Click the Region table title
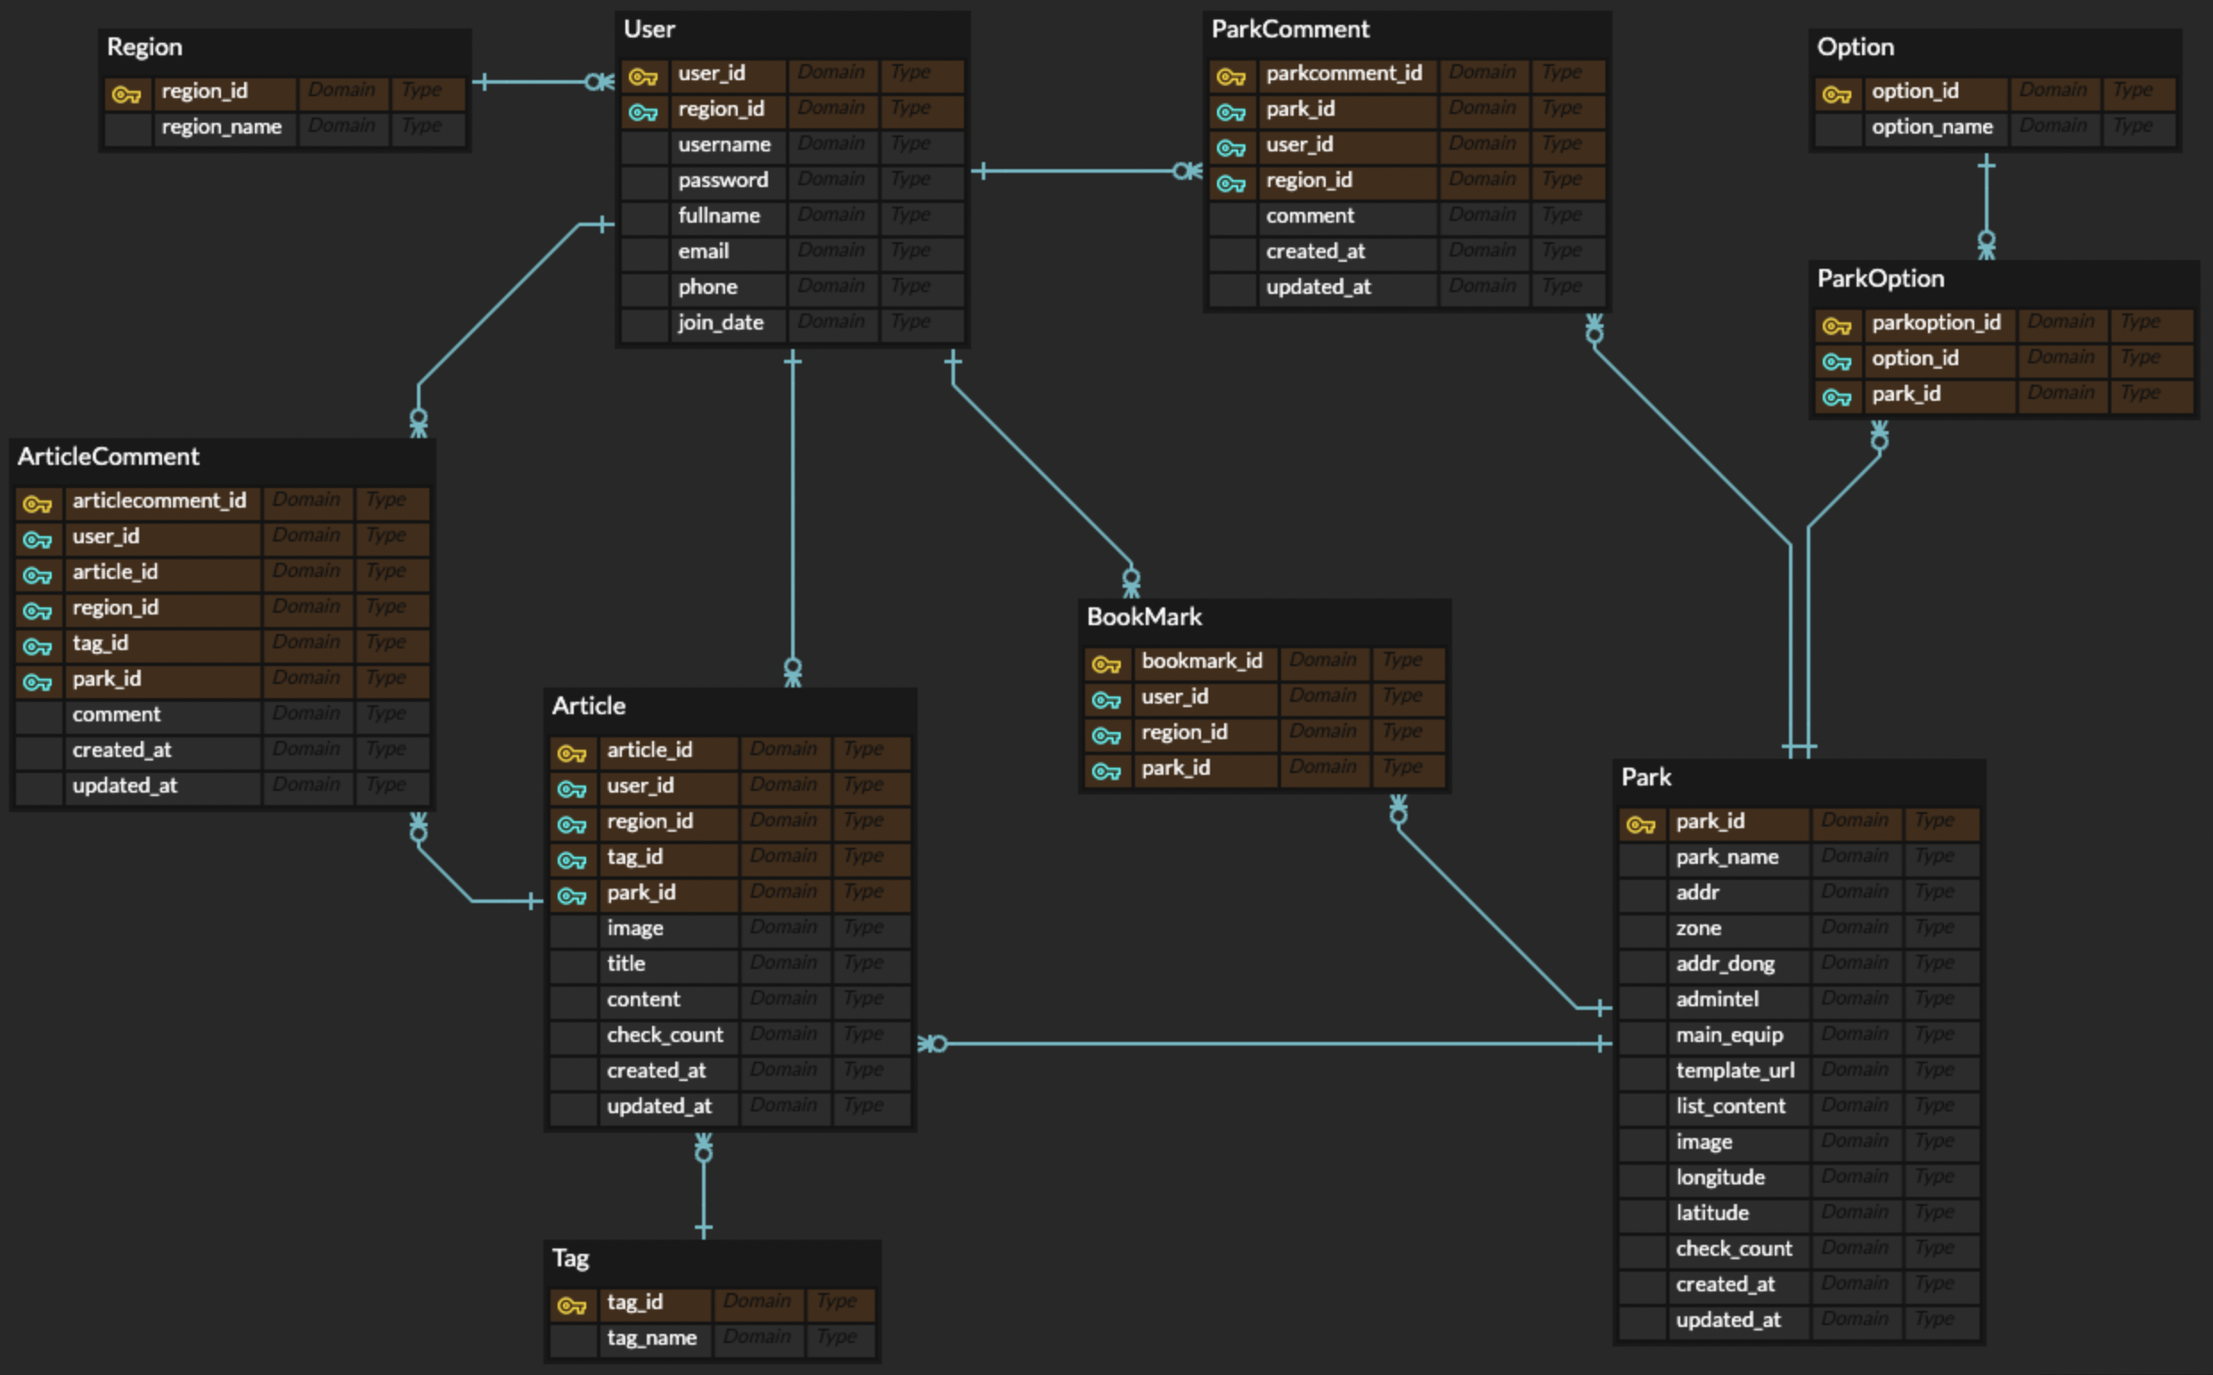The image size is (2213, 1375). coord(144,47)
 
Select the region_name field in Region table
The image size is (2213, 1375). coord(221,127)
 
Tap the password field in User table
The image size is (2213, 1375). coord(723,180)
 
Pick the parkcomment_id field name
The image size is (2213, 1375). coord(1343,74)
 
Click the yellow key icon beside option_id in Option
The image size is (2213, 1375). coord(1836,94)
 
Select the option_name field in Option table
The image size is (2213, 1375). coord(1932,127)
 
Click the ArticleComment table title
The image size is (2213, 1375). coord(108,457)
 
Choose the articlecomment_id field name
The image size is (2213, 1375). coord(159,501)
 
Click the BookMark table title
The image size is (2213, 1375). coord(1144,616)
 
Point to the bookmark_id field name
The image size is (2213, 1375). coord(1202,661)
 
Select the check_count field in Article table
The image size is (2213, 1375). coord(665,1035)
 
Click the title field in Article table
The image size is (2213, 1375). coord(625,964)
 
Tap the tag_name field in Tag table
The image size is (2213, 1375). coord(651,1338)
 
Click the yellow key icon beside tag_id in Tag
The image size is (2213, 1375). coord(571,1306)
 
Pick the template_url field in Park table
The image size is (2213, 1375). coord(1735,1070)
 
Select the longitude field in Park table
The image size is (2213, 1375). coord(1720,1177)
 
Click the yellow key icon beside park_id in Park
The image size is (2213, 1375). coord(1641,825)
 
